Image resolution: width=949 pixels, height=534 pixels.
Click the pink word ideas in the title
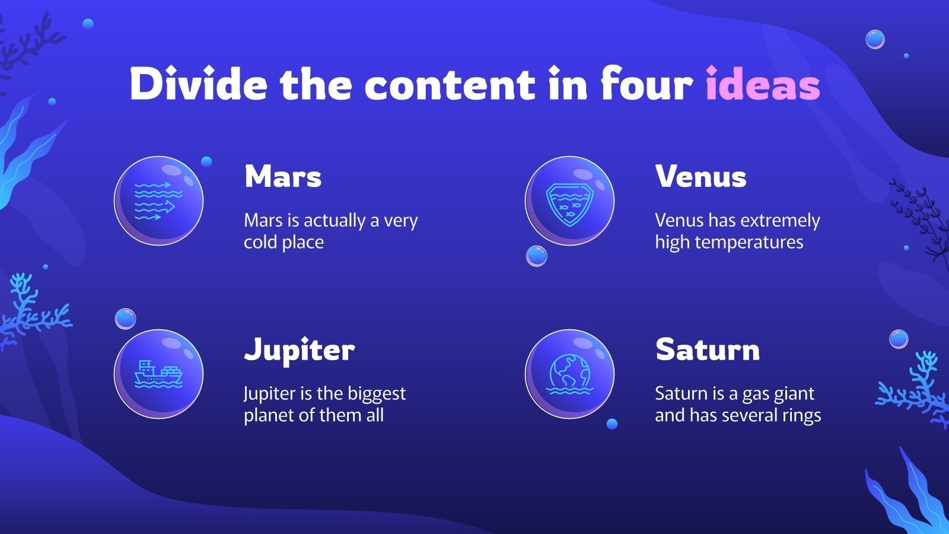(x=763, y=85)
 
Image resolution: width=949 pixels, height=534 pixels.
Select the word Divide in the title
(x=198, y=85)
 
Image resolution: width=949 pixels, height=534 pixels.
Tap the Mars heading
(x=283, y=177)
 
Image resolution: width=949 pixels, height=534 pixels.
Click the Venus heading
(x=700, y=177)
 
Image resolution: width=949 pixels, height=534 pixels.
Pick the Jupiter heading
(x=299, y=350)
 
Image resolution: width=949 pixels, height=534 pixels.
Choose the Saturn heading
(x=707, y=350)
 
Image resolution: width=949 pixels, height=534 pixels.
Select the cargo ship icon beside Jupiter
(x=158, y=374)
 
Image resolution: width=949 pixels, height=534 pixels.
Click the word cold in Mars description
(x=260, y=243)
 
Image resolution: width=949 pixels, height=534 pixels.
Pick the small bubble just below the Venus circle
(x=537, y=256)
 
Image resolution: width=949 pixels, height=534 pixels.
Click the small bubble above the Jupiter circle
(x=125, y=319)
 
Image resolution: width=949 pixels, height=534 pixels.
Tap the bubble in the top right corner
(x=875, y=40)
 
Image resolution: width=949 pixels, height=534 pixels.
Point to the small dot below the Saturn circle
(x=612, y=424)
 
